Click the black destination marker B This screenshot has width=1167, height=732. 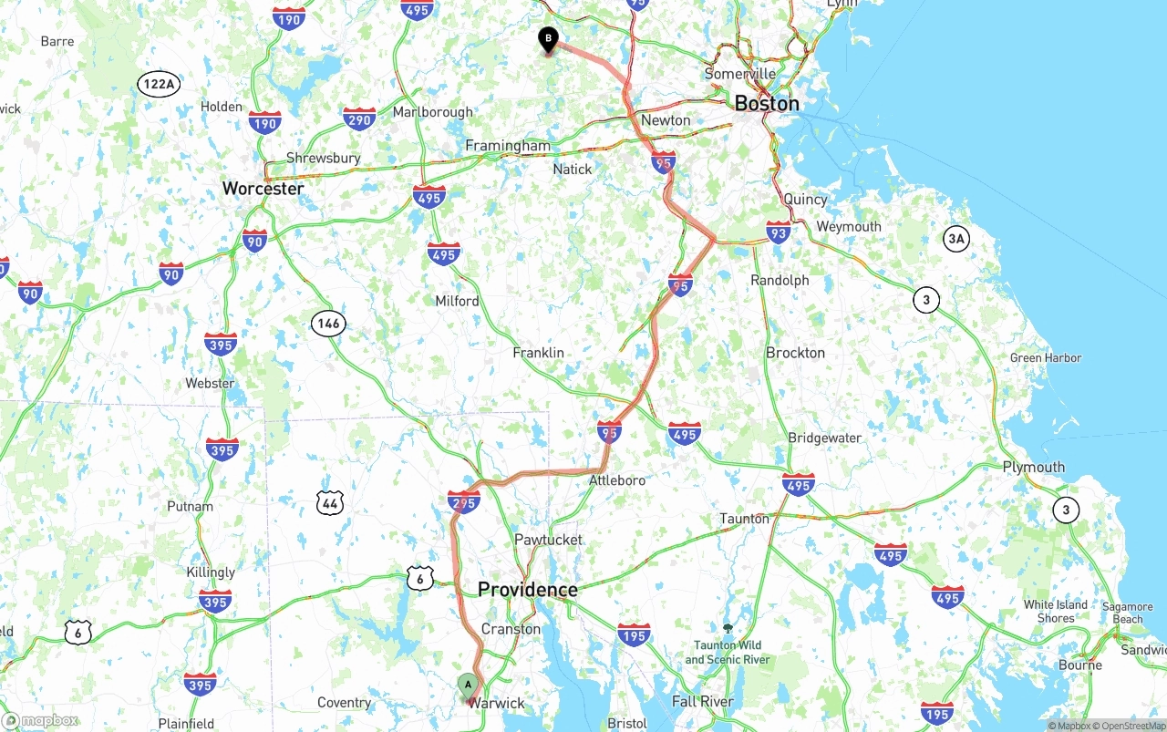548,39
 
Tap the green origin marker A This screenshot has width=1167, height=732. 468,686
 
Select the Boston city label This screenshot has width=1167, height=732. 766,103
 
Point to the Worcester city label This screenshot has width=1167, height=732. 263,189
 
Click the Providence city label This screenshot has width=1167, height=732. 527,590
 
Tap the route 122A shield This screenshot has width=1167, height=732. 159,85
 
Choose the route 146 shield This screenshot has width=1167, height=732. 328,323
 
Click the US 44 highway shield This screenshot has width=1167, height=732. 330,502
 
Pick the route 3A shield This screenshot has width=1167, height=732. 955,240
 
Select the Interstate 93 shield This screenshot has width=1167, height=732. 779,232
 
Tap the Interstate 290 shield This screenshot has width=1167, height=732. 359,119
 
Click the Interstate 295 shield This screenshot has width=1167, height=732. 464,500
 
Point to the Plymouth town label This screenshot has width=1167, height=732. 1033,467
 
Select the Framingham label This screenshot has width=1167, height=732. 508,146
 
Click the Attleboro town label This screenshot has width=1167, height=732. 616,480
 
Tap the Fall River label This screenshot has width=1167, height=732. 702,701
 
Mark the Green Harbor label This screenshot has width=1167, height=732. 1045,358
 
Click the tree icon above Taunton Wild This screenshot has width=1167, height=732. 728,628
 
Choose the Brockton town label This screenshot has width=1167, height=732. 795,353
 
